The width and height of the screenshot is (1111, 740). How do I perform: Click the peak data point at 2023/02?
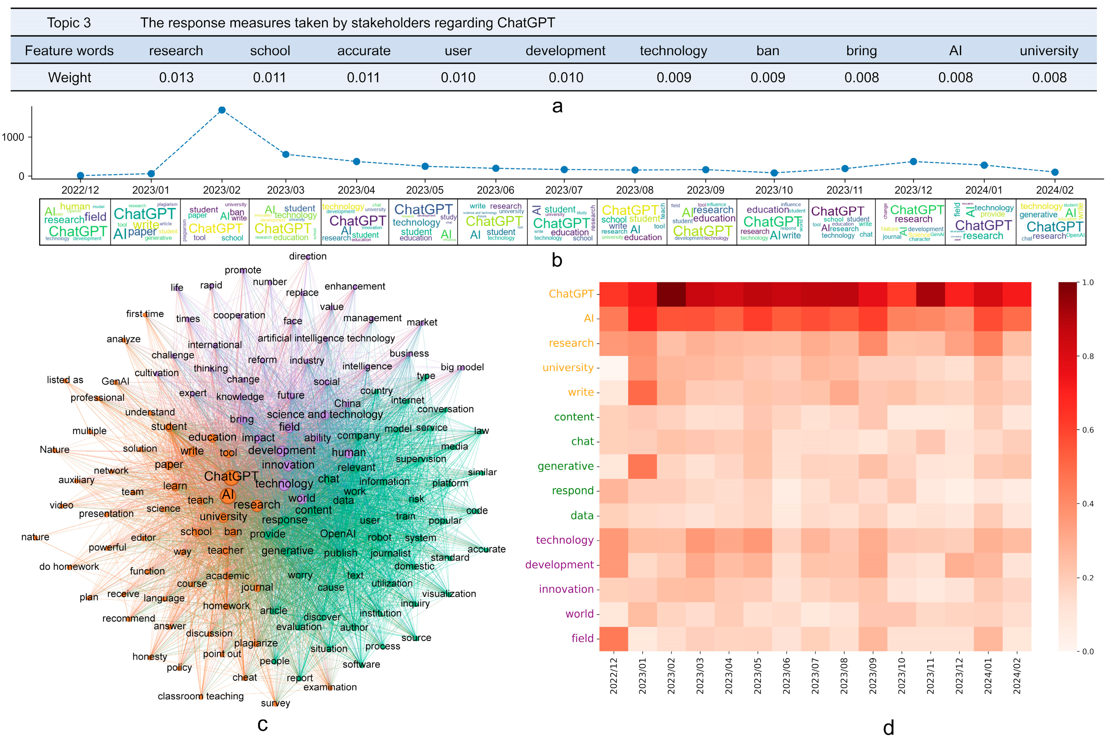point(222,110)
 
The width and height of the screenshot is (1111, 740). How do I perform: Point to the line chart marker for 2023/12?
point(913,161)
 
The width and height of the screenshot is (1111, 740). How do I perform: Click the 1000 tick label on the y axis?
point(13,137)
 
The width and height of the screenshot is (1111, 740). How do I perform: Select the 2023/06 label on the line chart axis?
point(495,190)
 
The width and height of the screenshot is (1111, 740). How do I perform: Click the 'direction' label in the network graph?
point(307,256)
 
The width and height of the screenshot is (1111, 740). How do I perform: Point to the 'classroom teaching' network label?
point(201,696)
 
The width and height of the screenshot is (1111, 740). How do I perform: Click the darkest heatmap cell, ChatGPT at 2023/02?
point(671,294)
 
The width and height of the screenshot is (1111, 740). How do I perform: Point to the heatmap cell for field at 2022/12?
point(613,639)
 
